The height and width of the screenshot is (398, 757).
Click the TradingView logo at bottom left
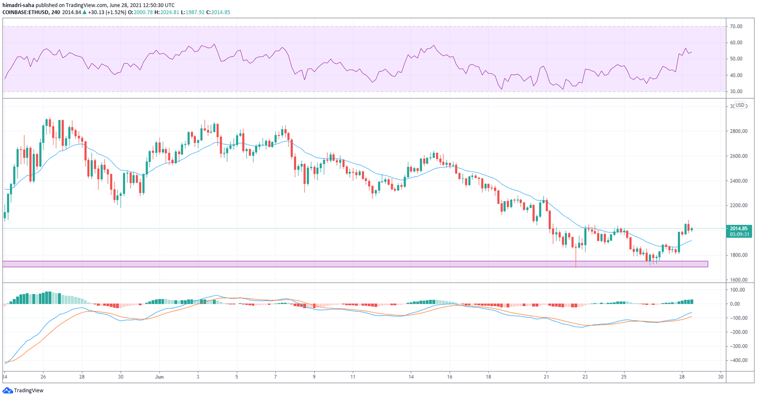point(23,390)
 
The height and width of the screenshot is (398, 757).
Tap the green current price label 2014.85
point(739,228)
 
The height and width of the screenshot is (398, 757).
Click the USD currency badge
point(739,106)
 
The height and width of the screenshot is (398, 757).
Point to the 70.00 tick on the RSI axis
point(736,27)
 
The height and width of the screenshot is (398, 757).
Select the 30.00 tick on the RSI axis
point(736,91)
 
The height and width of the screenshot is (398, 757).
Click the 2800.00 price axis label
point(738,131)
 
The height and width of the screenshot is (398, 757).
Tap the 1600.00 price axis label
point(738,280)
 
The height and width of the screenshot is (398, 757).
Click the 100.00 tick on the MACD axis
point(738,290)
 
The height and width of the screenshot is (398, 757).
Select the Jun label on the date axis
point(159,377)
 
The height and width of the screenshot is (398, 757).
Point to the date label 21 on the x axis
point(546,377)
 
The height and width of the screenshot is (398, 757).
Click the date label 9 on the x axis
point(314,377)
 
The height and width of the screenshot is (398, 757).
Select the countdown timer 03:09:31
point(739,234)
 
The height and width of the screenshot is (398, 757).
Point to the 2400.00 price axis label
point(738,181)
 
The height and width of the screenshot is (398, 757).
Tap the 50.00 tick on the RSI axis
point(736,59)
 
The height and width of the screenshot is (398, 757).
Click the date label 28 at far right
point(682,377)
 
